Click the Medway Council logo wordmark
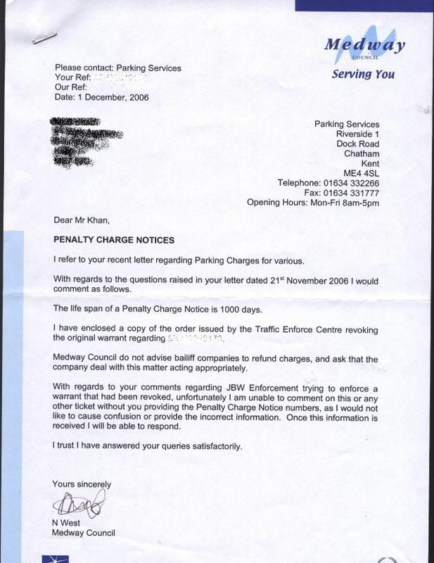(x=364, y=46)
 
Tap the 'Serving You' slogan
(x=362, y=74)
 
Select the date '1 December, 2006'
(x=113, y=96)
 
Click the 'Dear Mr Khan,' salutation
(x=82, y=221)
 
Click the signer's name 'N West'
(x=68, y=523)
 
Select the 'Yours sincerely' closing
(x=82, y=484)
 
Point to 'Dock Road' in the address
(x=358, y=144)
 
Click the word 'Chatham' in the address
(x=362, y=153)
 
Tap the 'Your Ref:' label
(x=73, y=78)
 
